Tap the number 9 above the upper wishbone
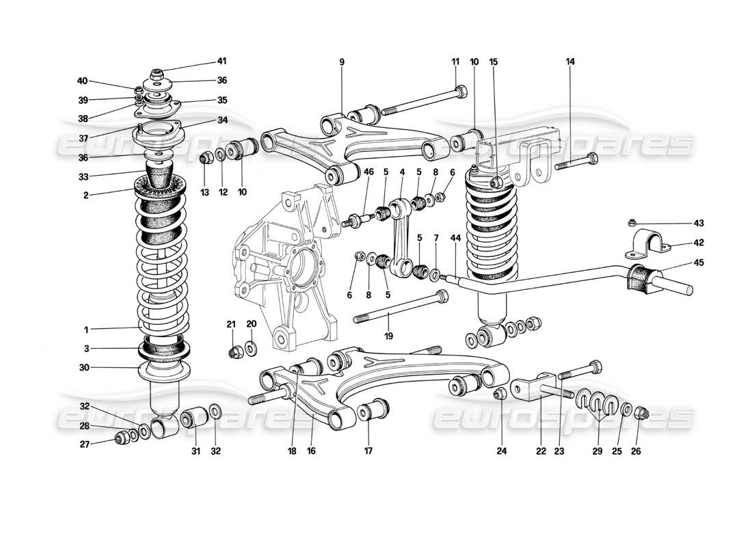341,62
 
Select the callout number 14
570,62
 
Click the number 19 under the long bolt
389,336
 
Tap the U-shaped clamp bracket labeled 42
647,243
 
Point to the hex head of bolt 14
593,159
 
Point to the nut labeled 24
499,394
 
